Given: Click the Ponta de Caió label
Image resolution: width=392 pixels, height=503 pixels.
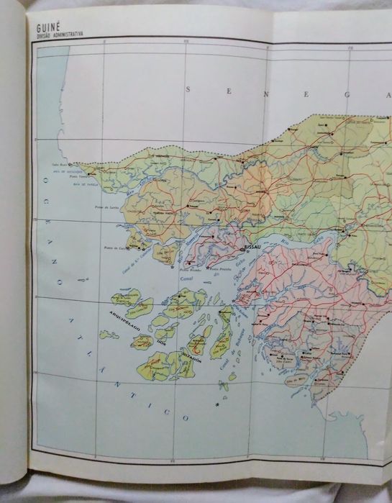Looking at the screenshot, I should (x=114, y=248).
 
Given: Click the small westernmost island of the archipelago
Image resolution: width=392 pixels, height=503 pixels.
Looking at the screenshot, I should (x=109, y=335).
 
